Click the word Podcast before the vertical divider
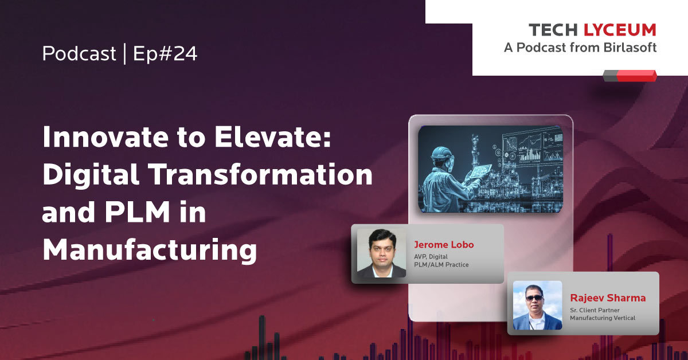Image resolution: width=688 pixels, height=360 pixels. coord(79,53)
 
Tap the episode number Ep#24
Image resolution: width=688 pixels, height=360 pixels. coord(165,54)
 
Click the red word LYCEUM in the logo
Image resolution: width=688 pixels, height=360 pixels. coord(620,30)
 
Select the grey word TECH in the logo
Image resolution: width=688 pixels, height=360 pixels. coord(553,30)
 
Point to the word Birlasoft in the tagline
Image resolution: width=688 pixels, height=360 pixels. coord(630,48)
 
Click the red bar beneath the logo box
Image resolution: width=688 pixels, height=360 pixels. coord(636,76)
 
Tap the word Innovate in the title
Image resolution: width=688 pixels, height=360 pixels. coord(105,136)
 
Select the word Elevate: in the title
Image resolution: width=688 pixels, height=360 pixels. coord(273,136)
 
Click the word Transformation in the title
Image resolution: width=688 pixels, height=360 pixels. coord(261,174)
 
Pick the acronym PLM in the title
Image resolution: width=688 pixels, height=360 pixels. coord(137,212)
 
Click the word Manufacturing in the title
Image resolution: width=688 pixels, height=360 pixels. coord(150,250)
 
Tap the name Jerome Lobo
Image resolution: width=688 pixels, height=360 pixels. coord(444,245)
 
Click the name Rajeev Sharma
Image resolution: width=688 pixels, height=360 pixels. coord(608,298)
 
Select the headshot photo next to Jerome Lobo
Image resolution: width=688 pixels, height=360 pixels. coord(381,253)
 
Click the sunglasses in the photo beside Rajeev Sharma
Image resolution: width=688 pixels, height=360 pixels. coord(534,298)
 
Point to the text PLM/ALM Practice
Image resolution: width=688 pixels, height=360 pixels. coord(441,265)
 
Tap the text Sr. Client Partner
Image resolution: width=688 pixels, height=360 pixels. coord(595,310)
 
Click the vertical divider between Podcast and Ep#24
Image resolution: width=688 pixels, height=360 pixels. coord(125,54)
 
